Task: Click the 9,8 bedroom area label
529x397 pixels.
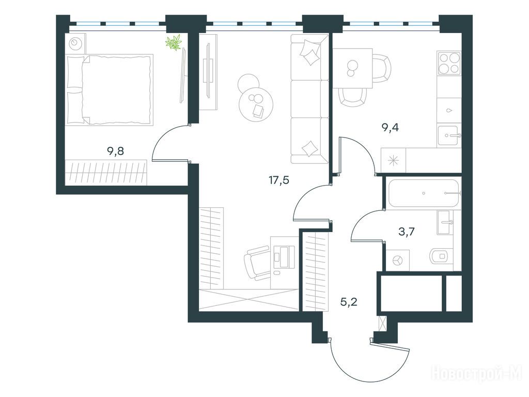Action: pos(115,151)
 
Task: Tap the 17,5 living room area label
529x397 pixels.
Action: pos(278,180)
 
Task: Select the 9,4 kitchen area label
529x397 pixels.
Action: pos(390,128)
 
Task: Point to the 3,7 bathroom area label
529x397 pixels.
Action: pos(406,232)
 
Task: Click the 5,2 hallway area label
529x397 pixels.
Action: pos(349,301)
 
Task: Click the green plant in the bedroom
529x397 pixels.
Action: pos(174,42)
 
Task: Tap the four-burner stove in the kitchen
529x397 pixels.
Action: pos(449,63)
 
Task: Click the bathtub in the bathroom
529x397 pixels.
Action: pos(424,193)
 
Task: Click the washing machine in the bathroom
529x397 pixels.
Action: pos(397,261)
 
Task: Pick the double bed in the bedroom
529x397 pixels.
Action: pos(110,89)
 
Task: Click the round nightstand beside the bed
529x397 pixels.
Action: pos(74,43)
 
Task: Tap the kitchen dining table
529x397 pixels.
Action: pos(353,69)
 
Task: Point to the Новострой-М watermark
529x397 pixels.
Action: pos(476,374)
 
